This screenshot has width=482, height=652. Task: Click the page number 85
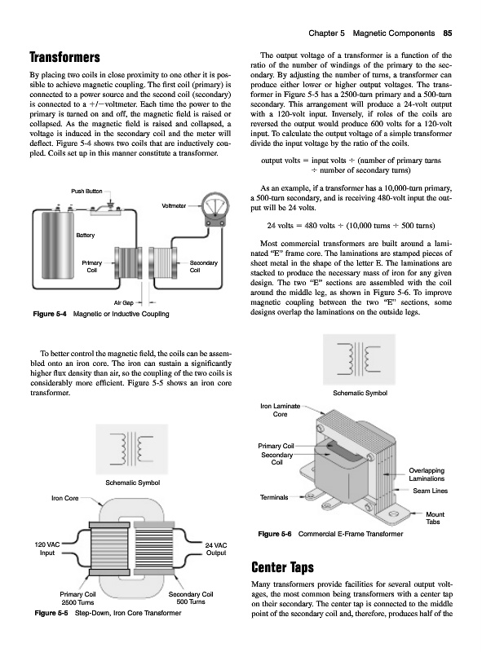coord(448,33)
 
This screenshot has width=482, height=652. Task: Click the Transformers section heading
coord(65,57)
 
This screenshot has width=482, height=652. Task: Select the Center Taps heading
coord(283,567)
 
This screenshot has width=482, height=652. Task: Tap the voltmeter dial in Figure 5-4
coord(213,206)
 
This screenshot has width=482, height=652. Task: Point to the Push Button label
coord(86,192)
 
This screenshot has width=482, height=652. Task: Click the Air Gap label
coord(124,302)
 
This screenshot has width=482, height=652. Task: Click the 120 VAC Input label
coord(47,548)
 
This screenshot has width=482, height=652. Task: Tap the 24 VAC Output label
coord(216,548)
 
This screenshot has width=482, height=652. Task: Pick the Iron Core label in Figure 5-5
coord(65,498)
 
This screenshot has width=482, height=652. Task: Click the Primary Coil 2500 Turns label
coord(77,598)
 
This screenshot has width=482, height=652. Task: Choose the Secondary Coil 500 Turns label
coord(191,598)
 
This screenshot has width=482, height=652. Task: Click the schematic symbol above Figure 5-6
coord(359,359)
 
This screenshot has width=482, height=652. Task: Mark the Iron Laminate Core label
coord(280,410)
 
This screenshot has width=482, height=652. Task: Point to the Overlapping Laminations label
coord(427,474)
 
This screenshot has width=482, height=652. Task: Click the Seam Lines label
coord(431,491)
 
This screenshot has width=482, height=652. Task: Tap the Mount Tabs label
coord(435,518)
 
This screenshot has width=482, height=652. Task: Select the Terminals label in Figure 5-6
coord(274,497)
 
